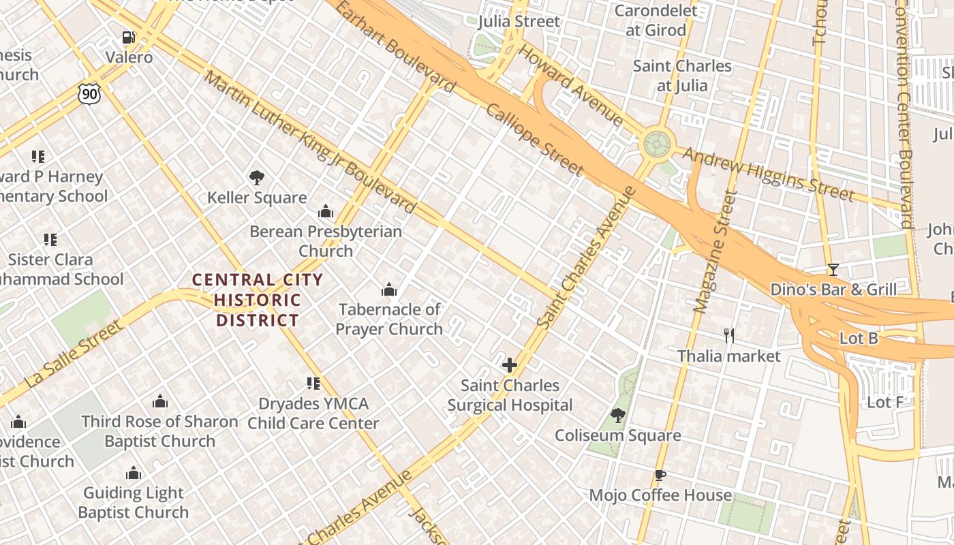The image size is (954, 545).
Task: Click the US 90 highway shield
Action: coord(89,94)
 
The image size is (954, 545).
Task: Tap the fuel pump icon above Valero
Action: coord(128,37)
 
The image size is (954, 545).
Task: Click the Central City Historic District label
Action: coord(257,300)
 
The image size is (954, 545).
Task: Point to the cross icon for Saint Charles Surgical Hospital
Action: coord(510,365)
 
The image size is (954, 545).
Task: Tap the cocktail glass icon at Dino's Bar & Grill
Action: coord(833,270)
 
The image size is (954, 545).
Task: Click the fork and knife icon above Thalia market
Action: coord(729,335)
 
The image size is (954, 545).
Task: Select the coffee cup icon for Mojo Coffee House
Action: coord(660,476)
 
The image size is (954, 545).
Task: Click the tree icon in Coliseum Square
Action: coord(618,415)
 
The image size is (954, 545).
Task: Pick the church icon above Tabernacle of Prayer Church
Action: coord(389,290)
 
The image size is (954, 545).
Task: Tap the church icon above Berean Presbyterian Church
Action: coord(326,212)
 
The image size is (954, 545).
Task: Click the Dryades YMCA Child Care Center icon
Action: coord(313,384)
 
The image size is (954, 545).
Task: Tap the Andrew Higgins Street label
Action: coord(768,174)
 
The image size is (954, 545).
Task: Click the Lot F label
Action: coord(884,402)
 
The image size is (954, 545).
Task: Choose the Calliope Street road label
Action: coord(535,140)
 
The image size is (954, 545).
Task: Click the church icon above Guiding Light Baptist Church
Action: coord(134,473)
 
